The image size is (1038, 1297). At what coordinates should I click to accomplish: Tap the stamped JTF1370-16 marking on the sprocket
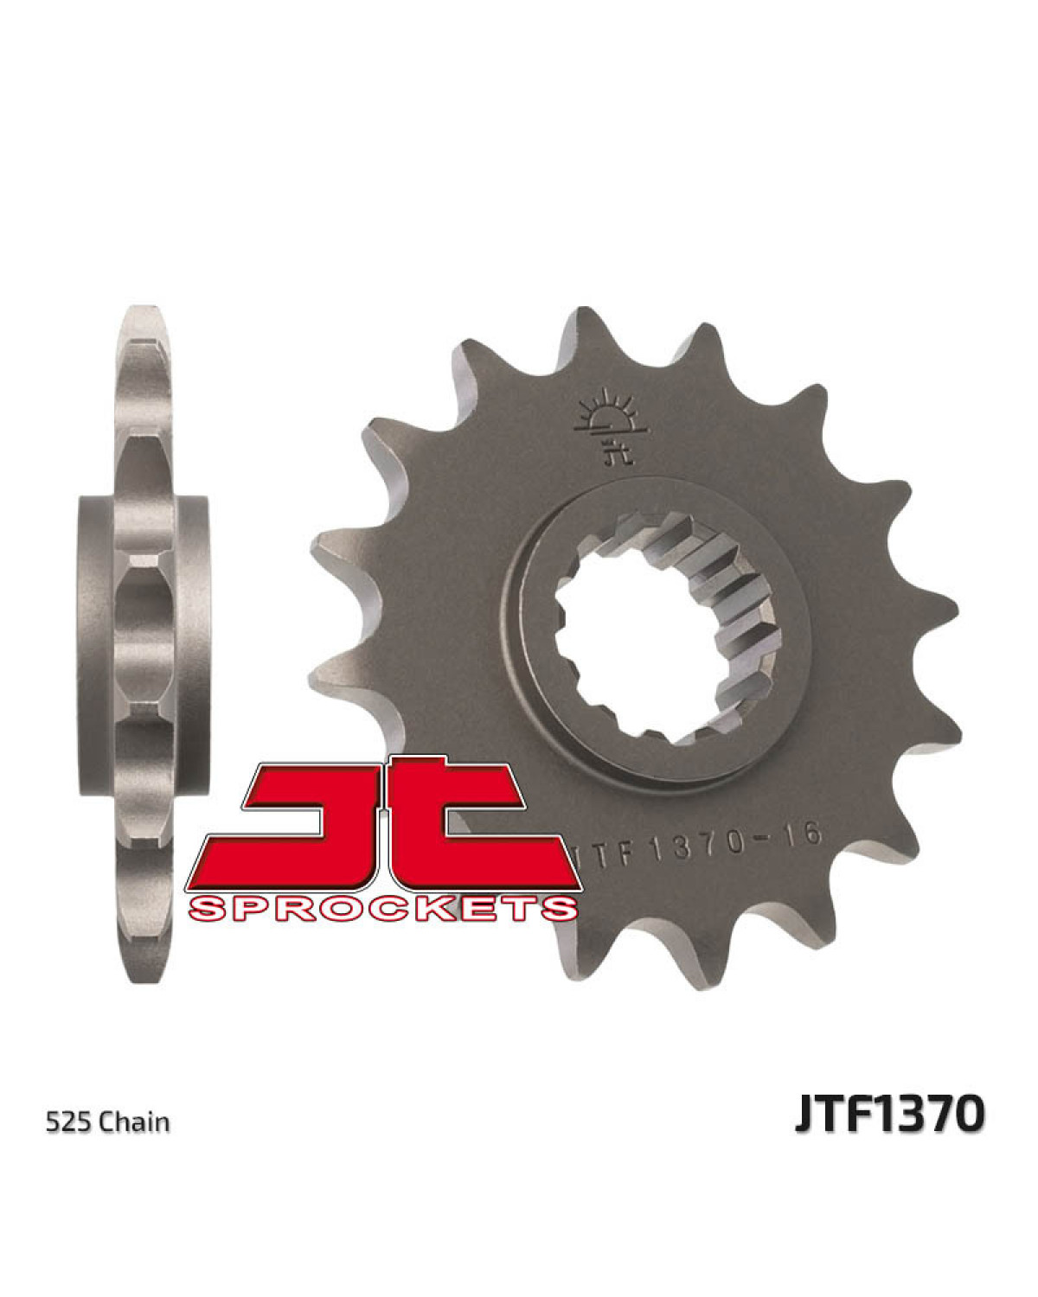[694, 840]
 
